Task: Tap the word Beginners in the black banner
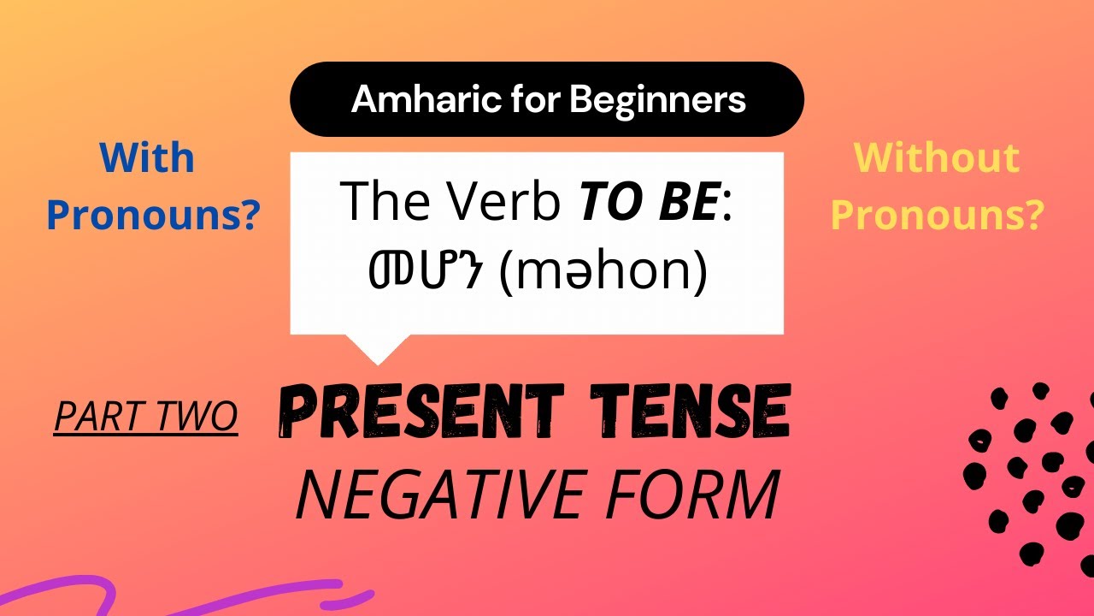(x=658, y=100)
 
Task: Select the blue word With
(x=147, y=158)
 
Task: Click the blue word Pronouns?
(x=153, y=216)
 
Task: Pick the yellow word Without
(x=937, y=158)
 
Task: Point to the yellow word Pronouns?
(x=937, y=216)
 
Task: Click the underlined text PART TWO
(x=145, y=416)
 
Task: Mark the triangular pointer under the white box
(x=377, y=346)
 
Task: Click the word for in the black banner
(x=538, y=100)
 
